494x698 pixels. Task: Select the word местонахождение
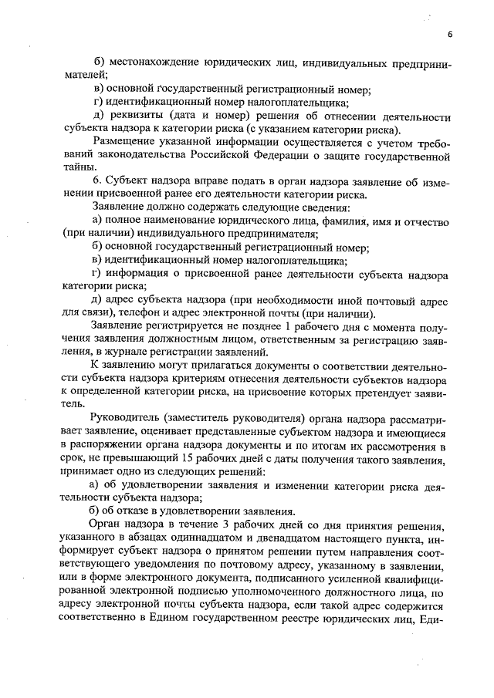tap(154, 61)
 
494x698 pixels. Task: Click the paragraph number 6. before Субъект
tap(96, 183)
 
